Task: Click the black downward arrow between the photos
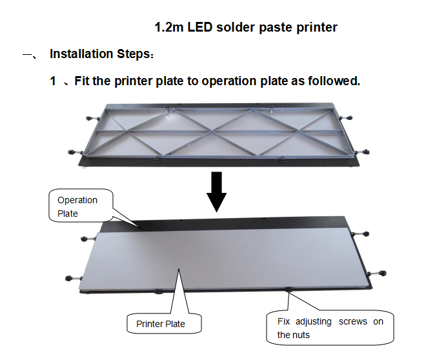pos(216,192)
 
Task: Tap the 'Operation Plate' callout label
pos(77,206)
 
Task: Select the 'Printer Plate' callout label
pos(161,324)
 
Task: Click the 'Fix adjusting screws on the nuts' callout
pos(331,328)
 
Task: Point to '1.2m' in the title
pos(169,27)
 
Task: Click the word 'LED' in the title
pos(200,27)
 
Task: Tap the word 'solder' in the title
pos(236,27)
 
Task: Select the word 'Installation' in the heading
pos(81,54)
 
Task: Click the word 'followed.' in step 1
pos(334,81)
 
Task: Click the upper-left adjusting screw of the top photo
pos(92,119)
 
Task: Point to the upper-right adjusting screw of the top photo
pos(346,118)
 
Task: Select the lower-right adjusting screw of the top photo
pos(362,152)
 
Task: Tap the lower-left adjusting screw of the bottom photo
pos(73,278)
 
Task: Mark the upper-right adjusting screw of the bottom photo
pos(360,234)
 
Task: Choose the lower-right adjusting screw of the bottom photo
pos(377,273)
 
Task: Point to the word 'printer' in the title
pos(317,28)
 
